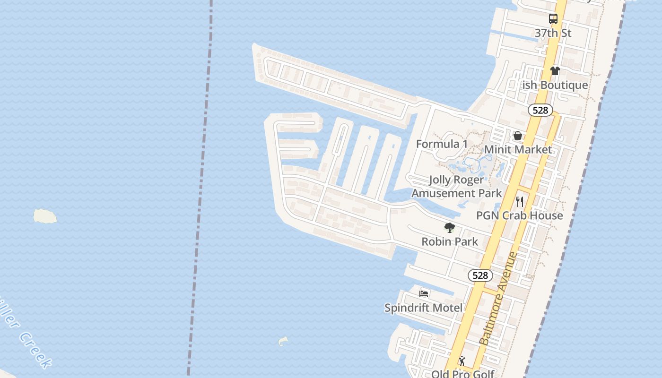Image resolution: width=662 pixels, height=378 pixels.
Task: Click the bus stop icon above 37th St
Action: tap(553, 19)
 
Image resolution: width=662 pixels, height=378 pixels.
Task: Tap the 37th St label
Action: tap(553, 33)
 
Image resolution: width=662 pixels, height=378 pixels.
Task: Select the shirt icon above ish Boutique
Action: tap(555, 71)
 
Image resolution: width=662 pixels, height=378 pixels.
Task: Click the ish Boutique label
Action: tap(555, 85)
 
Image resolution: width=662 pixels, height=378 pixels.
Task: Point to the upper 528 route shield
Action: tap(540, 110)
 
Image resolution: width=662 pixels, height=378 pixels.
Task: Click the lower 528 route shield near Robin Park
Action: tap(480, 275)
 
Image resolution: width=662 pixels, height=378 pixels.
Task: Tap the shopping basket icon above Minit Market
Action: tap(518, 136)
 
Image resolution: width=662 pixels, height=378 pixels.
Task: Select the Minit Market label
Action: tap(518, 150)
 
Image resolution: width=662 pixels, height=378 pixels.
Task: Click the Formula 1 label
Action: tap(442, 144)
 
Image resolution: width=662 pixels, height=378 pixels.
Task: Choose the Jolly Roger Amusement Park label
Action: tap(456, 186)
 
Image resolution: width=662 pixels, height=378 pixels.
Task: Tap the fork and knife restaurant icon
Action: tap(520, 202)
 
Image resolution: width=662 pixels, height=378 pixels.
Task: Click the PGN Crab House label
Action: tap(519, 215)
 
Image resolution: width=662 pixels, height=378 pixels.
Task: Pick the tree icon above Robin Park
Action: tap(450, 228)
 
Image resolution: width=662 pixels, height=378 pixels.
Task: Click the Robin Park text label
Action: tap(450, 241)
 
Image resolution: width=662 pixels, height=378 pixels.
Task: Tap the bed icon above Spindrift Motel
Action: tap(424, 294)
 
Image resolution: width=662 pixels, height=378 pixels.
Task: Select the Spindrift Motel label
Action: tap(423, 308)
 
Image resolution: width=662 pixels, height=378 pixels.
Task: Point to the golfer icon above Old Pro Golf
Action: tap(462, 361)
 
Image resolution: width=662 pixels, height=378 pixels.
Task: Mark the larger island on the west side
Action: tap(45, 216)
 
